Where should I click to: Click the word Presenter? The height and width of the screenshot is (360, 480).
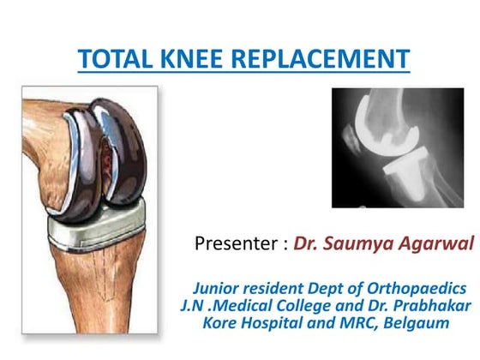point(236,244)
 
